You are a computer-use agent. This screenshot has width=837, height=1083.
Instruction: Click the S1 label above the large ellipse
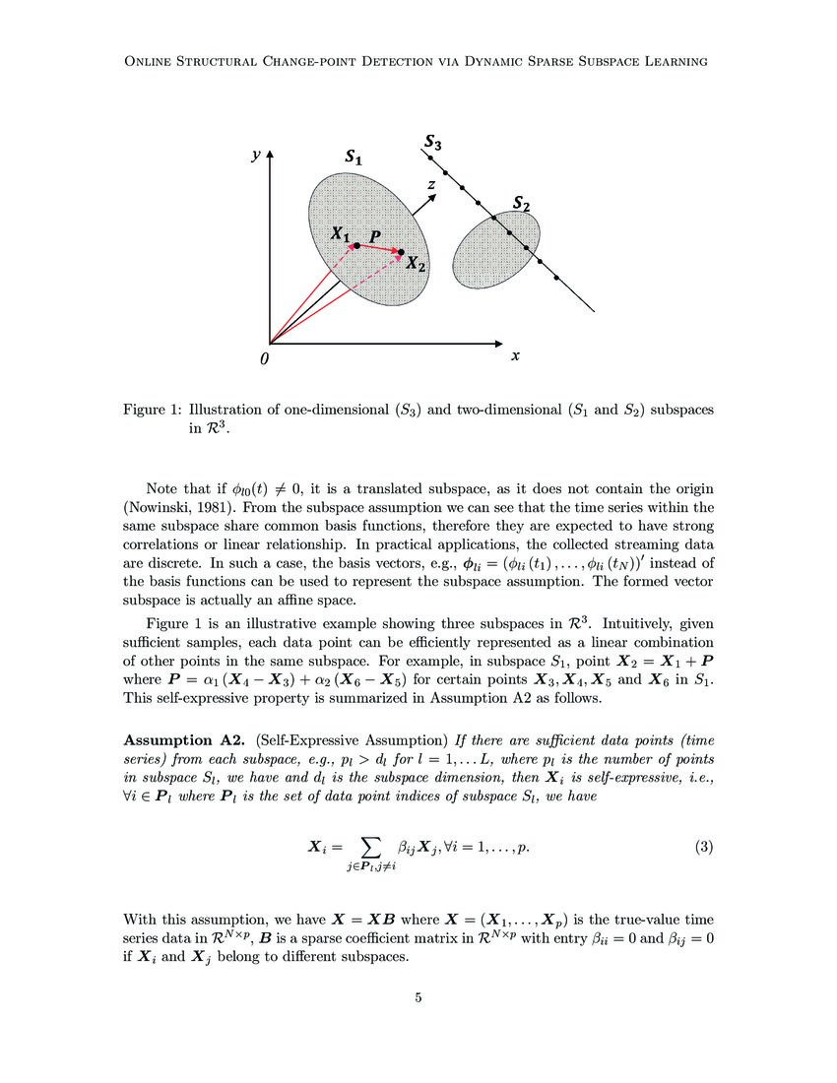pyautogui.click(x=352, y=158)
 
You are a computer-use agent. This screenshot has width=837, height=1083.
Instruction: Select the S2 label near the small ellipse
pyautogui.click(x=521, y=205)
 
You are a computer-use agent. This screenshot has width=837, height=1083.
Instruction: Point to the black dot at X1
pyautogui.click(x=356, y=246)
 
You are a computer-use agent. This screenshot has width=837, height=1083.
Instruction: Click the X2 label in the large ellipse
pyautogui.click(x=417, y=265)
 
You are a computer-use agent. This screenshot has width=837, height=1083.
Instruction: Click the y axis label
pyautogui.click(x=254, y=155)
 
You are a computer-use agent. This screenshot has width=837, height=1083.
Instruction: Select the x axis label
pyautogui.click(x=514, y=356)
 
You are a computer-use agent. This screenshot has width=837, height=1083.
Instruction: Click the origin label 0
pyautogui.click(x=264, y=360)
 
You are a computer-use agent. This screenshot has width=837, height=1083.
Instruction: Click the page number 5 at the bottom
pyautogui.click(x=418, y=998)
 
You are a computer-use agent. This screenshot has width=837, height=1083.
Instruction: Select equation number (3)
pyautogui.click(x=703, y=846)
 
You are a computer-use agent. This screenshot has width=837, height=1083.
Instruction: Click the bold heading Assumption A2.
pyautogui.click(x=183, y=738)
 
